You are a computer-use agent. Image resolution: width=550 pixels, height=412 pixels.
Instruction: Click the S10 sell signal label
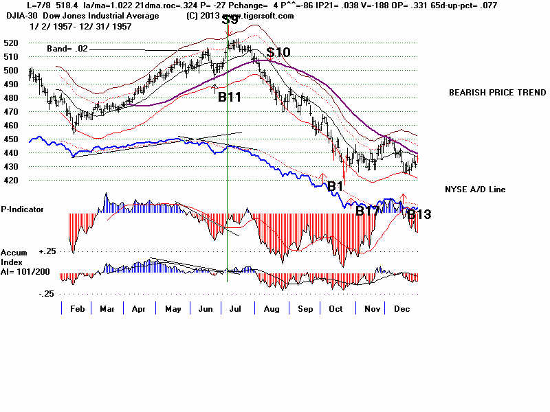278,52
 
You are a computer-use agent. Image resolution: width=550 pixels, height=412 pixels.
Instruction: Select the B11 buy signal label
230,98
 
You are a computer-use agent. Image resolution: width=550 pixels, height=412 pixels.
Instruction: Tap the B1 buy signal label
335,186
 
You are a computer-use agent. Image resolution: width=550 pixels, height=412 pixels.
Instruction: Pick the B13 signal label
419,215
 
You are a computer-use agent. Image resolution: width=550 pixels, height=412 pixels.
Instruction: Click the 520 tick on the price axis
10,43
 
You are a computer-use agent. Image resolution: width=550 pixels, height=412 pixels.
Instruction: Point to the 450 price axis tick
10,139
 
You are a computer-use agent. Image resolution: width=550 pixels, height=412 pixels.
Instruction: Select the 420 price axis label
10,181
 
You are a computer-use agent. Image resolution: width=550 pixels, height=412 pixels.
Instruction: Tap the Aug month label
271,309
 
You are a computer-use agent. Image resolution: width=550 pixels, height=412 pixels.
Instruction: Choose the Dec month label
401,309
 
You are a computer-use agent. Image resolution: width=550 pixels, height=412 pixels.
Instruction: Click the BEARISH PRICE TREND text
497,93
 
